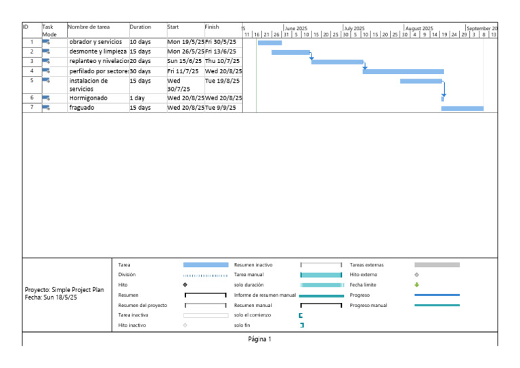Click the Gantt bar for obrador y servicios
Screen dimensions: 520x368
click(269, 43)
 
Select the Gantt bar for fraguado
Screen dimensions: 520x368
click(462, 108)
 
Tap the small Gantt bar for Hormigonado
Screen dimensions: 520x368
click(443, 99)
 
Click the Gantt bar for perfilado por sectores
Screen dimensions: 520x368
click(404, 71)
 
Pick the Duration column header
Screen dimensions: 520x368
click(140, 27)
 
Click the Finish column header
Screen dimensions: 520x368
click(212, 27)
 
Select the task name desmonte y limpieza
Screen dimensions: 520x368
click(97, 52)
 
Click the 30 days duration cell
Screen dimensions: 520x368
click(140, 71)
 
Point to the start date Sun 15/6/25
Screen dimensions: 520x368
click(184, 61)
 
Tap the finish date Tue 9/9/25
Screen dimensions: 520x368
click(221, 108)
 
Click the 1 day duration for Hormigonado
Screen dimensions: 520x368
click(137, 98)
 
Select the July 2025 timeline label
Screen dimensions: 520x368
click(355, 28)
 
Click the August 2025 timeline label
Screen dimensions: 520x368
click(420, 28)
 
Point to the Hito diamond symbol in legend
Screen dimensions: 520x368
click(185, 285)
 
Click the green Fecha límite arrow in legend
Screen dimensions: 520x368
click(417, 285)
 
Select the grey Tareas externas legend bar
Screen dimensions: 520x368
click(437, 265)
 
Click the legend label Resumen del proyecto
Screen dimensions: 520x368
click(143, 305)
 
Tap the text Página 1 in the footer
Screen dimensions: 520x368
click(260, 339)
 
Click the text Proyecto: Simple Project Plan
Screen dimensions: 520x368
click(64, 289)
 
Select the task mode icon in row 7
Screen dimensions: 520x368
click(46, 108)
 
